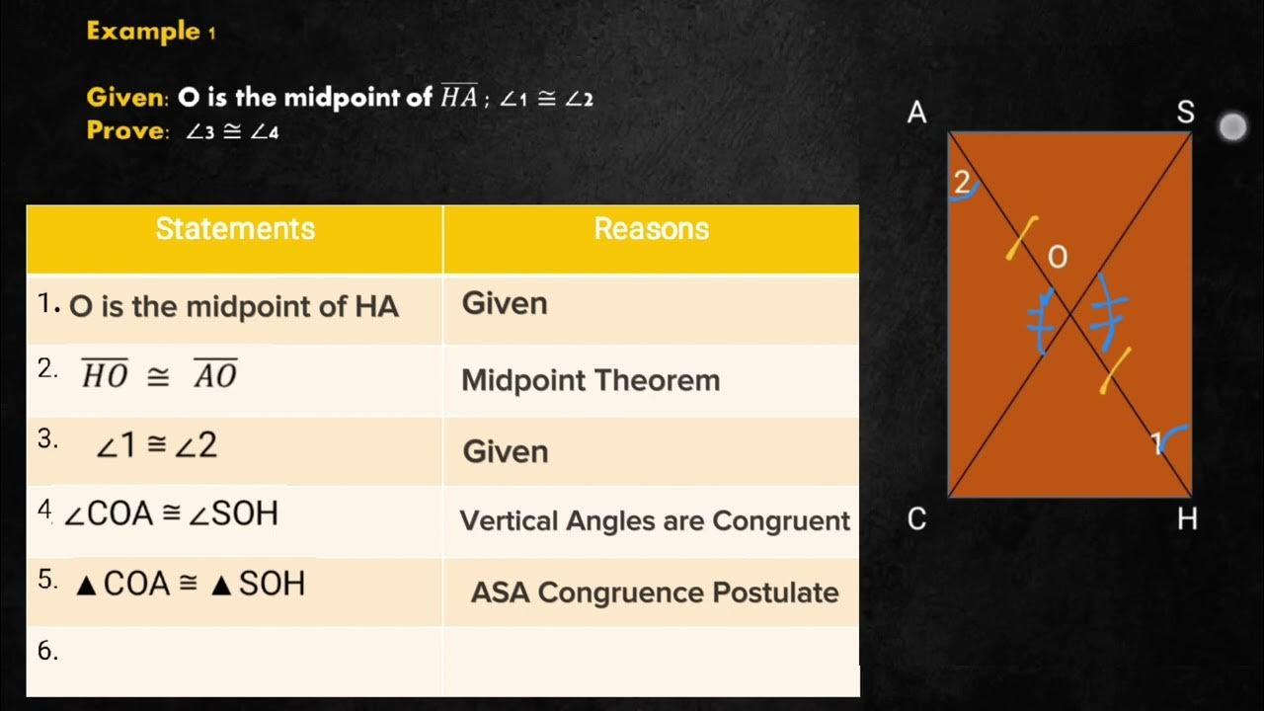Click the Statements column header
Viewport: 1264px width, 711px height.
click(235, 229)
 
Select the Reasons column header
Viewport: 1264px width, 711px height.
click(651, 229)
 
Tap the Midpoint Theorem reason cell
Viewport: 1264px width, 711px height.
click(591, 380)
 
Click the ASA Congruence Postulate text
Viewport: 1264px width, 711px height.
click(655, 592)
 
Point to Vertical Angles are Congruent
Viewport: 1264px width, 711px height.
click(655, 520)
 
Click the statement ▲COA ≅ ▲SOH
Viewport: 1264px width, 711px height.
click(191, 584)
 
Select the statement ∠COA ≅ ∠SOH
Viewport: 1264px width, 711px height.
click(171, 513)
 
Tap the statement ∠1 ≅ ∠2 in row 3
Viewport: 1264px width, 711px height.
click(156, 445)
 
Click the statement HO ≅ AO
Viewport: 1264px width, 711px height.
click(159, 374)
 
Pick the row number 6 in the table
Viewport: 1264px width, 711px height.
click(47, 651)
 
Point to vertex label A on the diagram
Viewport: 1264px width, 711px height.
click(917, 114)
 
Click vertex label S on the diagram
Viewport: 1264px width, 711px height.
click(1185, 114)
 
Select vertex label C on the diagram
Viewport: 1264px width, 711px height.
click(917, 519)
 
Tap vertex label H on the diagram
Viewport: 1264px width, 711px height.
click(1187, 519)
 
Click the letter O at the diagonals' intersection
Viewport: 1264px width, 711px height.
click(1057, 258)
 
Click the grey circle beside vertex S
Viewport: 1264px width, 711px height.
click(1232, 127)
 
